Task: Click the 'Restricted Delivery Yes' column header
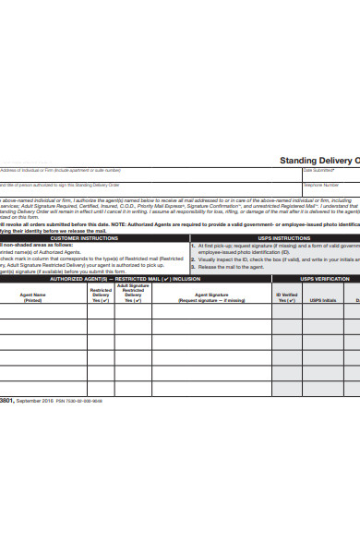pyautogui.click(x=101, y=295)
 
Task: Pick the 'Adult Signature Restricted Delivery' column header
pyautogui.click(x=133, y=294)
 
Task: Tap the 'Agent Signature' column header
pyautogui.click(x=211, y=297)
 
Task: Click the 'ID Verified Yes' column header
pyautogui.click(x=287, y=297)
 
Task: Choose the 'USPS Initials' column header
pyautogui.click(x=322, y=299)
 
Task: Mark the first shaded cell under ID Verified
pyautogui.click(x=287, y=313)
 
